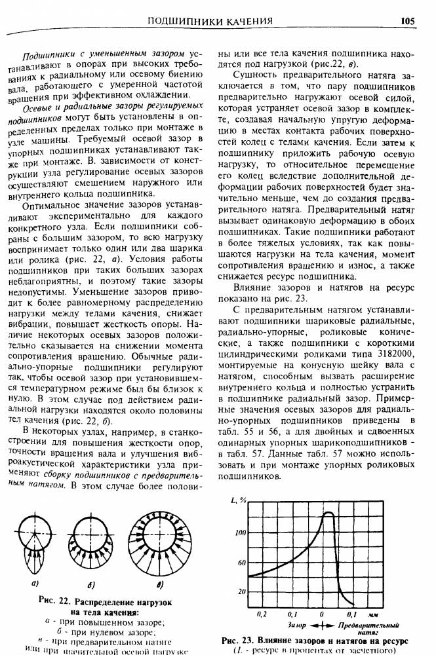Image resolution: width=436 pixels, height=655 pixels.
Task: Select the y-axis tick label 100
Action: coord(240,533)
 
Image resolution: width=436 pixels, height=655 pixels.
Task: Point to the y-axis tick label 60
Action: coord(241,563)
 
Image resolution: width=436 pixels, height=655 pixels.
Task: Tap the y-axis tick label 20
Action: coord(241,591)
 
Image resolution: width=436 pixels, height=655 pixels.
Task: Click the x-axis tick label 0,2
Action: coord(262,614)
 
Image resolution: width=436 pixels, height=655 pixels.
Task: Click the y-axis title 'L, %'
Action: coord(238,500)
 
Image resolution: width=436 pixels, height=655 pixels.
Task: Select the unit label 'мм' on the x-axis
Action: coord(374,614)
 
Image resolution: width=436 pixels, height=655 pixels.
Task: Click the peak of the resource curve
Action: coord(326,513)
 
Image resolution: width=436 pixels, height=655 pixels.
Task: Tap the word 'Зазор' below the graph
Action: coord(297,626)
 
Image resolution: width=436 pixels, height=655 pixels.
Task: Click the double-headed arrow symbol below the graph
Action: coord(322,626)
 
